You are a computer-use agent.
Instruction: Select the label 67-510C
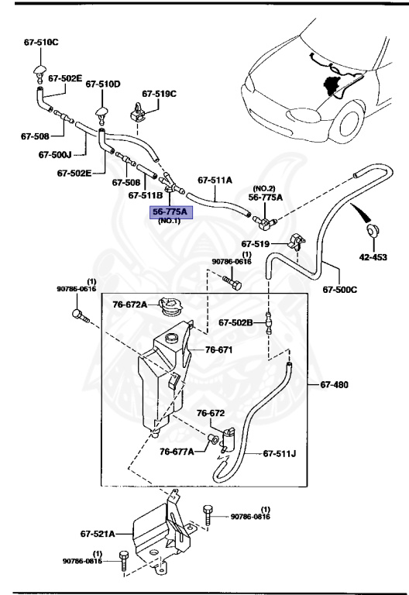click(x=40, y=41)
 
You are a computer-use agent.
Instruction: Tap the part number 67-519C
click(x=157, y=94)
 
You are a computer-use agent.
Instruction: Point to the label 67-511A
click(x=215, y=179)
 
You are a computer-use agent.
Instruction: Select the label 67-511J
click(x=280, y=453)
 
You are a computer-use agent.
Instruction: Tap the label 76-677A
click(x=177, y=452)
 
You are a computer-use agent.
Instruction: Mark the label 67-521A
click(x=97, y=533)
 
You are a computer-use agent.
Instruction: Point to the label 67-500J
click(x=55, y=154)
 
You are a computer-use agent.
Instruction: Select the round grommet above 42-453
click(x=373, y=230)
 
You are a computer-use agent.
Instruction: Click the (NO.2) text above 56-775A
click(x=264, y=187)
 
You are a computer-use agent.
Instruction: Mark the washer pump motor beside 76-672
click(x=228, y=439)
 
